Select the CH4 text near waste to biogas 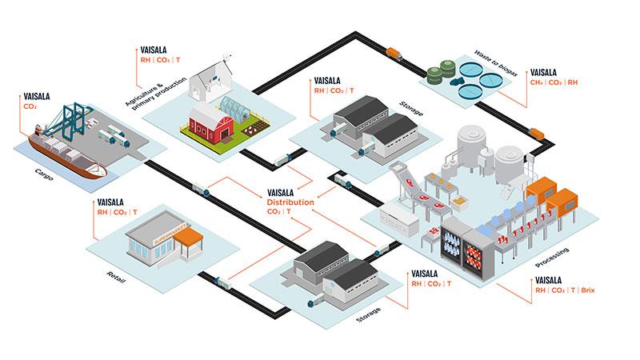tap(538, 82)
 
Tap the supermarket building tap(160, 237)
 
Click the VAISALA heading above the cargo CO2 tap(38, 96)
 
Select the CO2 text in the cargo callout tap(30, 106)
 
